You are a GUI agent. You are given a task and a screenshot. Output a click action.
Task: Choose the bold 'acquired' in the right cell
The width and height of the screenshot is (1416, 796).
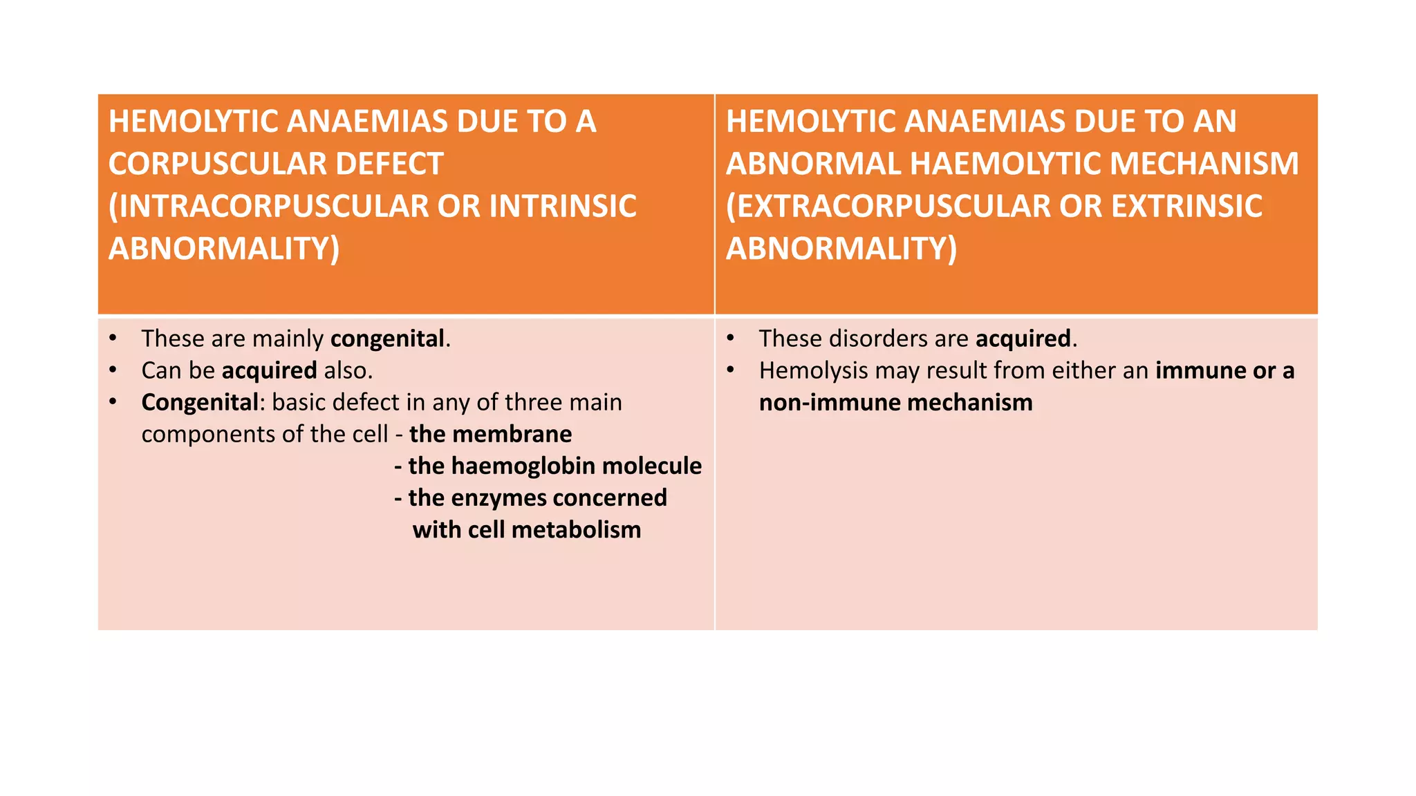click(1023, 339)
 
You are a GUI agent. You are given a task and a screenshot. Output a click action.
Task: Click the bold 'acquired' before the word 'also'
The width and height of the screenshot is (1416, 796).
click(270, 370)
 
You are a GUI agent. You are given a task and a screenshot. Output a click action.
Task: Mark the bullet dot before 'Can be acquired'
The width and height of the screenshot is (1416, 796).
click(113, 370)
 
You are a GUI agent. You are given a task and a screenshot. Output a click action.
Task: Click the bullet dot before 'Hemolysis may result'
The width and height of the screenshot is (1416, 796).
click(730, 370)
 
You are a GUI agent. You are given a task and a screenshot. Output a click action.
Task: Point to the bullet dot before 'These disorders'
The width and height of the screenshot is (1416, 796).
click(730, 339)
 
